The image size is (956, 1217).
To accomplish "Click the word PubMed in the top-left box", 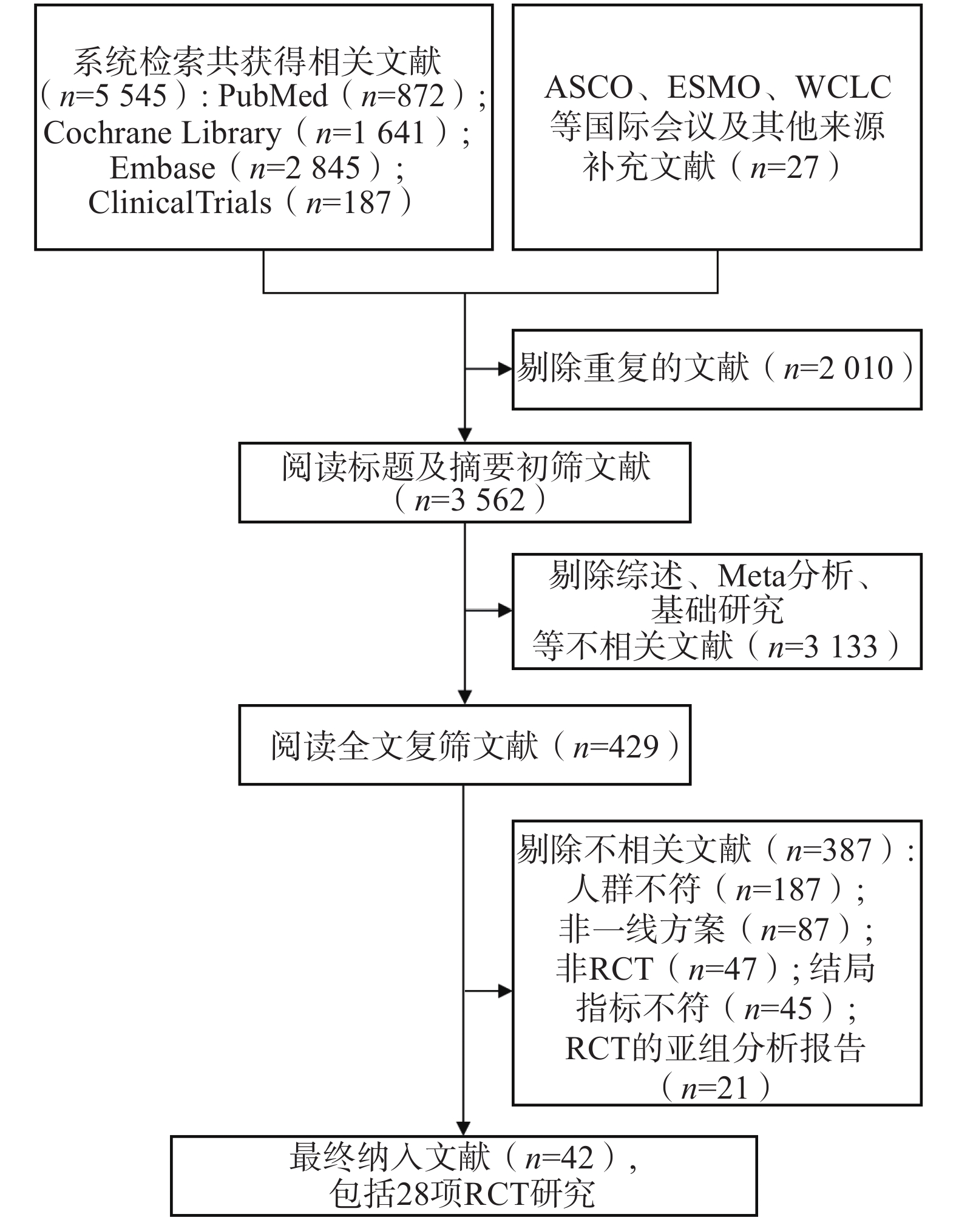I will point(273,96).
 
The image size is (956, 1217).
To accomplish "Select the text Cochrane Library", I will point(163,133).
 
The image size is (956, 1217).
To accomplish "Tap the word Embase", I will point(162,168).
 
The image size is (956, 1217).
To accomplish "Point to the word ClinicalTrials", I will point(180,203).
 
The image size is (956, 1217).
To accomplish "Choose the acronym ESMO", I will point(714,87).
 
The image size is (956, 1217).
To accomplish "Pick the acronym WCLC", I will point(843,87).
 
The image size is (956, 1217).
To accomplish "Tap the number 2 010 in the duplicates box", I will point(856,368).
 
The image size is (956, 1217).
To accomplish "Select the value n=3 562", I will point(469,501).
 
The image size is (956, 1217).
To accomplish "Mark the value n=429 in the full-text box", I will point(615,746).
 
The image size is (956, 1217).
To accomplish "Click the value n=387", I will point(829,850).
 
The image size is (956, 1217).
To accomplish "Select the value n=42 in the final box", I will point(559,1158).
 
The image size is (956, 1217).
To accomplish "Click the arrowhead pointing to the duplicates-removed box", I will point(505,368).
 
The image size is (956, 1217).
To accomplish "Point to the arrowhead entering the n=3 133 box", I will point(505,611).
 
